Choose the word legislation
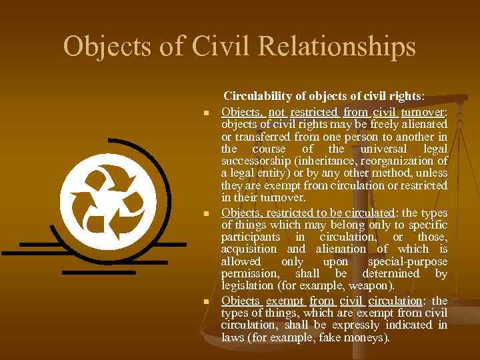[x=246, y=285]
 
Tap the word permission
[x=248, y=273]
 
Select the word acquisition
[x=247, y=249]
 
